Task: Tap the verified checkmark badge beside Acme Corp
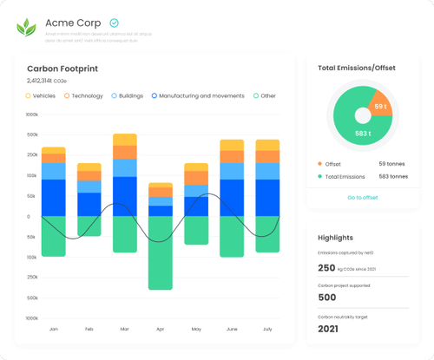click(115, 23)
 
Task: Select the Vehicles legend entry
click(40, 96)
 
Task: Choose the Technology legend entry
click(83, 96)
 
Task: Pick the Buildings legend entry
click(128, 96)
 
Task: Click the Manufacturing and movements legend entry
click(199, 96)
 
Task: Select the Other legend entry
click(265, 96)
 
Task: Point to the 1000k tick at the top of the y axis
click(32, 115)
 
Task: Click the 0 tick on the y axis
click(28, 217)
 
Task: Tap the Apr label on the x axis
click(160, 330)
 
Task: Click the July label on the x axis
click(266, 330)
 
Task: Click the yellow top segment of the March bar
click(125, 139)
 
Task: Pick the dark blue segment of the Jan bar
click(54, 197)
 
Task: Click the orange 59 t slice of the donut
click(379, 108)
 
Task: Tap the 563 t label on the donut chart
click(363, 134)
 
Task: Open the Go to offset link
click(362, 198)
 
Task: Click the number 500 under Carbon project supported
click(327, 298)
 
